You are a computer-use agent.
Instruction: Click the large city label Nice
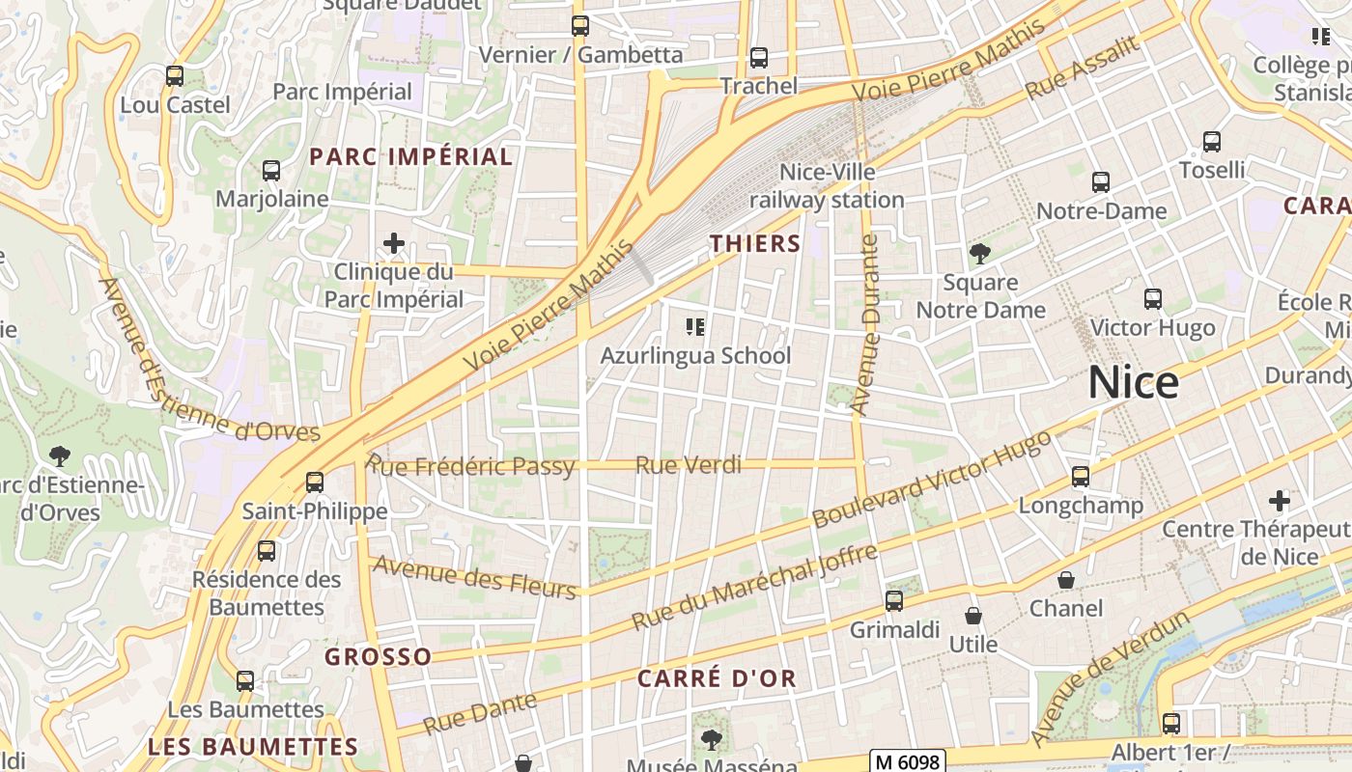pyautogui.click(x=1133, y=383)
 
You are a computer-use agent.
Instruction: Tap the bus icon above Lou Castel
pyautogui.click(x=175, y=75)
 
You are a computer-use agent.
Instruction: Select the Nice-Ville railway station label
pyautogui.click(x=828, y=186)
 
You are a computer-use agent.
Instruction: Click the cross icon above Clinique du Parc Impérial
pyautogui.click(x=394, y=242)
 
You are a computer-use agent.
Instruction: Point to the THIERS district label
pyautogui.click(x=756, y=244)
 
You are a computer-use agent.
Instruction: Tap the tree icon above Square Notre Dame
pyautogui.click(x=980, y=254)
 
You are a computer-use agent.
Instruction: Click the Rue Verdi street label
pyautogui.click(x=689, y=466)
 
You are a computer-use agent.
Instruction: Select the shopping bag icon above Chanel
pyautogui.click(x=1066, y=580)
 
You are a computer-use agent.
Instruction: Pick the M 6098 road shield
pyautogui.click(x=907, y=761)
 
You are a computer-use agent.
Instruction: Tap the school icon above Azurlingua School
pyautogui.click(x=694, y=327)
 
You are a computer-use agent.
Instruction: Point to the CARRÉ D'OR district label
pyautogui.click(x=717, y=678)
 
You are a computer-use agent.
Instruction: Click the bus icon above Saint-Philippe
pyautogui.click(x=315, y=482)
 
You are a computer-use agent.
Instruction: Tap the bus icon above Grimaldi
pyautogui.click(x=894, y=601)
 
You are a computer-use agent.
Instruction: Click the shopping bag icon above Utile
pyautogui.click(x=973, y=616)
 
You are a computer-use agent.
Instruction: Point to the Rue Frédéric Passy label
pyautogui.click(x=471, y=467)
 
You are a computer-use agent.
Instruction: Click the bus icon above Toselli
pyautogui.click(x=1212, y=142)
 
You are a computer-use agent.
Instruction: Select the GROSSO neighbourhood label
pyautogui.click(x=378, y=657)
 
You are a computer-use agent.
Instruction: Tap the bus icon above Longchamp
pyautogui.click(x=1081, y=477)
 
